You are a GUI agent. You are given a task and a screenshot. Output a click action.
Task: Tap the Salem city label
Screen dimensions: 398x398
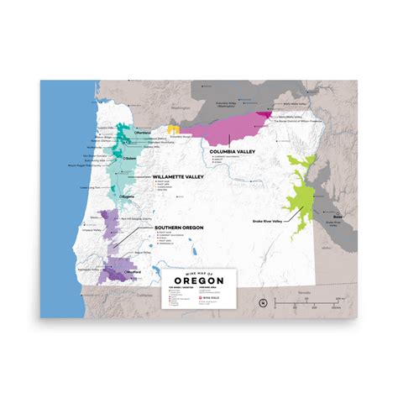click(109, 157)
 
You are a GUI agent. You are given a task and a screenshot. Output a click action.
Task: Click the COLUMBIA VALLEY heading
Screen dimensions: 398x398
click(234, 152)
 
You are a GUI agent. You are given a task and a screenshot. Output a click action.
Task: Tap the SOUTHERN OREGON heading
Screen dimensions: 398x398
click(179, 228)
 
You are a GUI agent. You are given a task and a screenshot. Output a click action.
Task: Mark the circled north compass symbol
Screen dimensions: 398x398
click(263, 301)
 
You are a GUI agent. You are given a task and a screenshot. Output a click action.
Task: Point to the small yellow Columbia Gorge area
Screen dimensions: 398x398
click(173, 129)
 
